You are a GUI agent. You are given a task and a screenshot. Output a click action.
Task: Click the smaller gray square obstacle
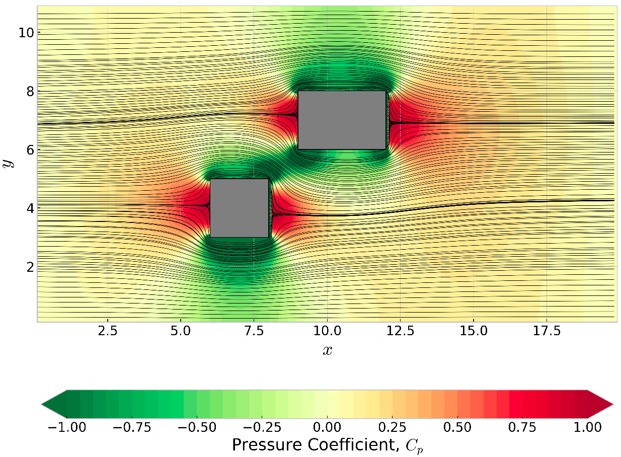coord(239,208)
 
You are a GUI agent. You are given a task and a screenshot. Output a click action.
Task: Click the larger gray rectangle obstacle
coord(342,120)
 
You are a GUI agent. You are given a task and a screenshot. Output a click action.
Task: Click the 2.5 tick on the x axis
coord(108,332)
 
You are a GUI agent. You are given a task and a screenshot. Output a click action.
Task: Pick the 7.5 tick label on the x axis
coord(254,332)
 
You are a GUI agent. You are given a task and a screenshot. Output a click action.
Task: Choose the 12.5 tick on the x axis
coord(401,332)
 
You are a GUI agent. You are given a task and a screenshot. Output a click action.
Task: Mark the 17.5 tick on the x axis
coord(547,332)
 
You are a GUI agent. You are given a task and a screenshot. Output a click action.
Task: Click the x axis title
coord(327,350)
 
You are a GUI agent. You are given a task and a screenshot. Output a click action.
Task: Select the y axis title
coord(9,163)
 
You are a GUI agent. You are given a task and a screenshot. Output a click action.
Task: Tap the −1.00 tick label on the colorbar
coord(66,427)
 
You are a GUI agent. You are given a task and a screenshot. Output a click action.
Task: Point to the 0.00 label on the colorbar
coord(327,427)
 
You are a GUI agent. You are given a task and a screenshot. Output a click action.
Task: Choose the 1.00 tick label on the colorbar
coord(588,427)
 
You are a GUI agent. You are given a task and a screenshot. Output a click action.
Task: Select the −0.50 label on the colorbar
coord(197,427)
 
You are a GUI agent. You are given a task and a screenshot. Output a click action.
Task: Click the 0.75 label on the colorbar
coord(522,427)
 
